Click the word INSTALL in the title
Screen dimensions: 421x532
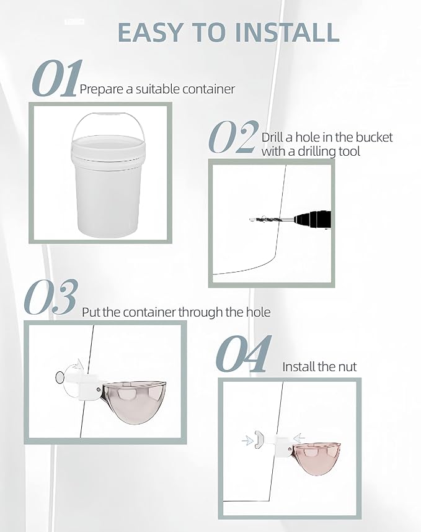(286, 32)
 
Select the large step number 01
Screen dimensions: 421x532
(57, 78)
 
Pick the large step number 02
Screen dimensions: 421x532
(233, 137)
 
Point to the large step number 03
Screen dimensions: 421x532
(51, 297)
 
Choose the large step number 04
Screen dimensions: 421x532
(244, 354)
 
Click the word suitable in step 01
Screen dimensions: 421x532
(158, 89)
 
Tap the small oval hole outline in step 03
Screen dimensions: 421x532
(60, 377)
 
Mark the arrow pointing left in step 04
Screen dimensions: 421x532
(299, 437)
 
